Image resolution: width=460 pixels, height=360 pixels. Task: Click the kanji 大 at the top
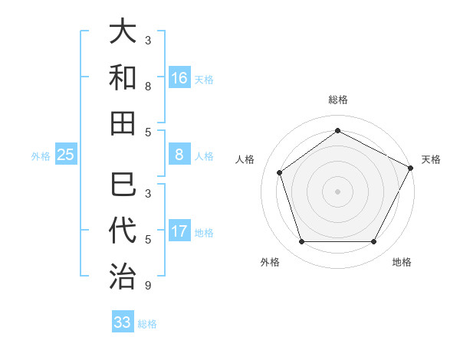pos(123,33)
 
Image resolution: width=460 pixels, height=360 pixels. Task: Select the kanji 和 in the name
pos(123,77)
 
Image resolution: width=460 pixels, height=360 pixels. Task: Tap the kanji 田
pos(123,123)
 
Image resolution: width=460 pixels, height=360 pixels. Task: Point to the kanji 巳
pos(123,186)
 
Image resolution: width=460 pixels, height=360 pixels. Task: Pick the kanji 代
pos(123,231)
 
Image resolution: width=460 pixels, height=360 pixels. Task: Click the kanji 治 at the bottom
pos(123,276)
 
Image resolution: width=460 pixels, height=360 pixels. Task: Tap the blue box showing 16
pos(179,78)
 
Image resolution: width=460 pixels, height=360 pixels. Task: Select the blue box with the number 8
pos(179,155)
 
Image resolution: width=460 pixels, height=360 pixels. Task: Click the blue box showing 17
pos(179,231)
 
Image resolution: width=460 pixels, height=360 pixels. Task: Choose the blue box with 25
pos(66,155)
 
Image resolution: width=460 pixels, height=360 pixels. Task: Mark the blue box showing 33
pos(123,322)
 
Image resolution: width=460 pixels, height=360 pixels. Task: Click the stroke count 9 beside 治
pos(147,286)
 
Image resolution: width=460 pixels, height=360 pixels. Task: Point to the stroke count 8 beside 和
pos(147,87)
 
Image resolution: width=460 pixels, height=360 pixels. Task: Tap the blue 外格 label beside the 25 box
pos(41,155)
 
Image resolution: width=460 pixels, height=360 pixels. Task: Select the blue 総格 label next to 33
pos(147,323)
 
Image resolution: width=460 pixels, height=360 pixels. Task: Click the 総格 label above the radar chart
pos(337,100)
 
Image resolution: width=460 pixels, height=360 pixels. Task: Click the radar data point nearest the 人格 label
pos(280,172)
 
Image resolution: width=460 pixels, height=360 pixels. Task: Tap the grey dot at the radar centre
pos(337,191)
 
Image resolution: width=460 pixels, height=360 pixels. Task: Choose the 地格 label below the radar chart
pos(402,262)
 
